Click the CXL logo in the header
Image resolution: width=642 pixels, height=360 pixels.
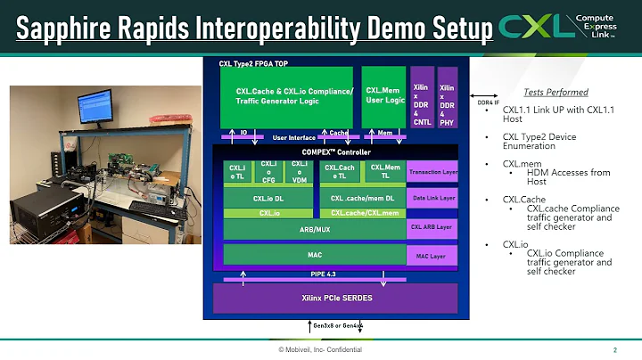point(535,27)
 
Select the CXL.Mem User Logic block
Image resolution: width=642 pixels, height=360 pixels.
point(383,95)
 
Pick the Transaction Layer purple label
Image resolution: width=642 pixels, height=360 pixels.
point(432,172)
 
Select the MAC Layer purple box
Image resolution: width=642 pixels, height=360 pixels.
point(432,257)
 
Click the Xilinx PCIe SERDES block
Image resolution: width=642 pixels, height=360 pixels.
point(335,298)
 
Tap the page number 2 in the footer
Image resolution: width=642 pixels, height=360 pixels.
point(615,349)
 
